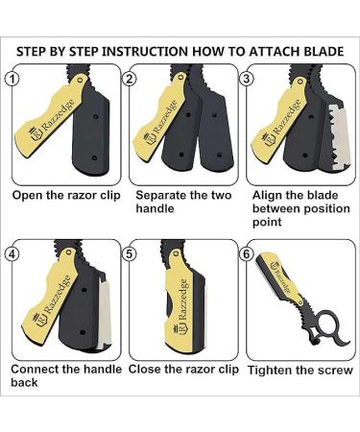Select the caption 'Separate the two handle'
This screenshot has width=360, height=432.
(176, 202)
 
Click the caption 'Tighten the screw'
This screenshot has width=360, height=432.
(298, 370)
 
